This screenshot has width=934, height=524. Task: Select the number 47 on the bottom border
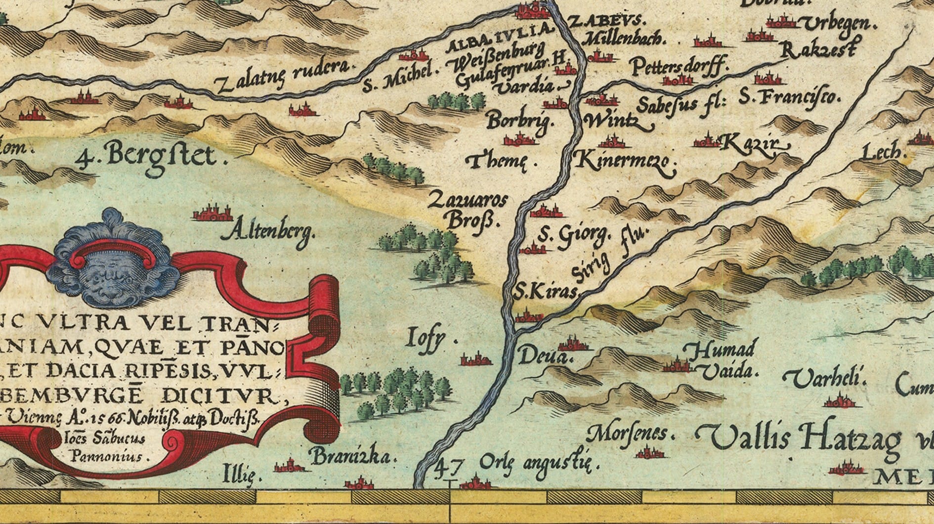point(450,468)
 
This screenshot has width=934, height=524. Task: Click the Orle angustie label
point(539,464)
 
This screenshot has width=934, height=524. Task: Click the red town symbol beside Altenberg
point(213,214)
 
